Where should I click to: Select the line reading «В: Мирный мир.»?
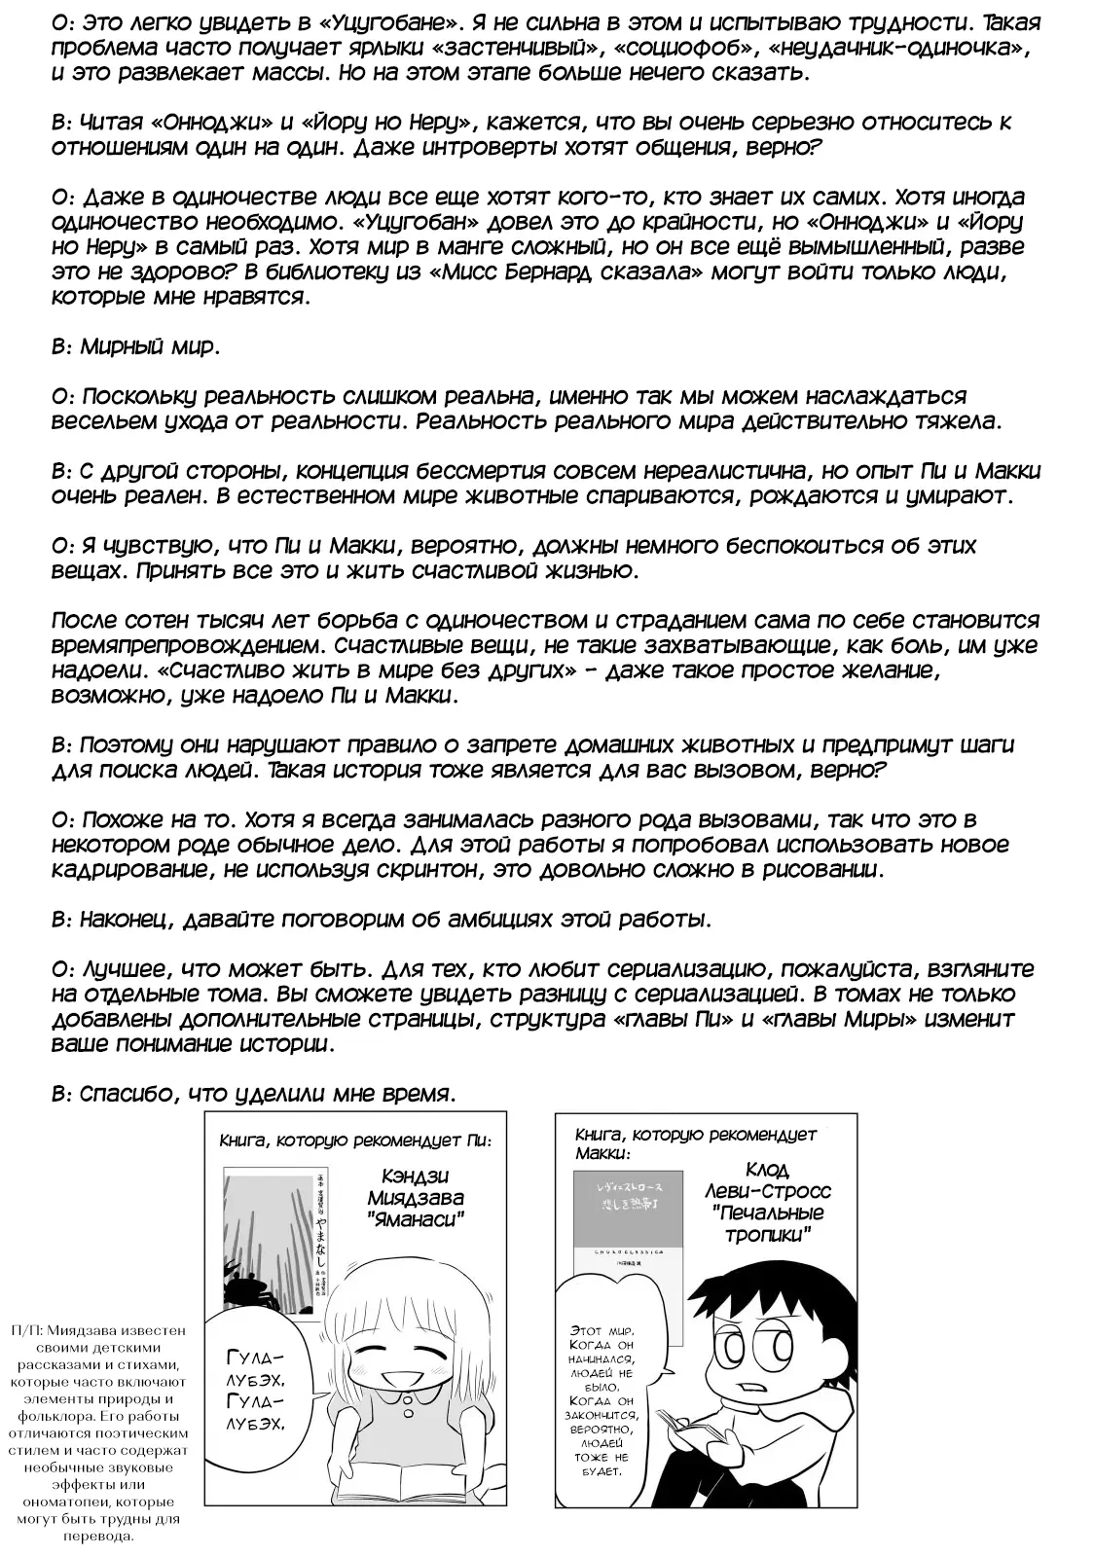pos(132,346)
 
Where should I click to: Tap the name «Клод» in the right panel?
pos(769,1170)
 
